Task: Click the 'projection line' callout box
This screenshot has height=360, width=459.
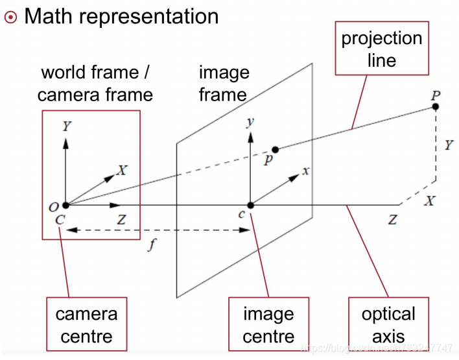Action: click(x=382, y=49)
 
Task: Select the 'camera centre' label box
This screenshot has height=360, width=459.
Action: click(x=86, y=325)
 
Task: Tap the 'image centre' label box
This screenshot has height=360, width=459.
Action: click(x=268, y=325)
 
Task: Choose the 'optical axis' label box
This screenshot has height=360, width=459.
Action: click(x=388, y=325)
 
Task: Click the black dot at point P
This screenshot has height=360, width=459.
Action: click(x=436, y=106)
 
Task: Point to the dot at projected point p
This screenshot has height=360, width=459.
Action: click(x=275, y=149)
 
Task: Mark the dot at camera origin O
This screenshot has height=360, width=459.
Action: click(x=65, y=205)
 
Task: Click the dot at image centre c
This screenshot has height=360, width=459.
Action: click(x=250, y=205)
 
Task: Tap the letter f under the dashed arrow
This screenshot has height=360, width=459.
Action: click(x=150, y=246)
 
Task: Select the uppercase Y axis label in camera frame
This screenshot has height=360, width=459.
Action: click(x=66, y=126)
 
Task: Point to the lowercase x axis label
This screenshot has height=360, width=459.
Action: click(x=306, y=171)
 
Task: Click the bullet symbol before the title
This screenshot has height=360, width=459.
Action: click(x=10, y=17)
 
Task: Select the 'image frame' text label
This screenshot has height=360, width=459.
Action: click(x=223, y=83)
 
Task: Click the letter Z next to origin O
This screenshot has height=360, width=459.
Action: click(x=121, y=219)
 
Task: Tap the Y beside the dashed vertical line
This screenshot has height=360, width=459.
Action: click(x=449, y=145)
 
